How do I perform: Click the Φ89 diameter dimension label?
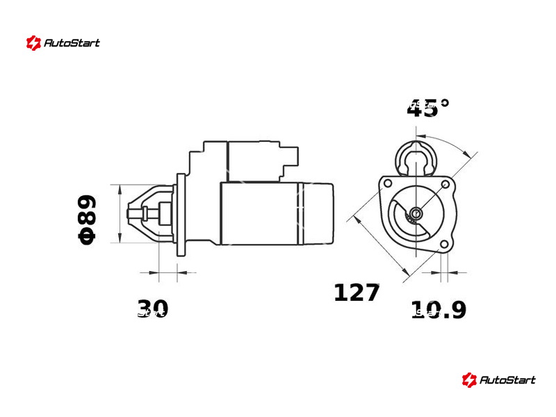point(87,220)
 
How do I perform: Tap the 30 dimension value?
point(152,309)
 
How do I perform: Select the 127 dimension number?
point(357,293)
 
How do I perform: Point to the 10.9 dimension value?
point(439,309)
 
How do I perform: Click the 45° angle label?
point(428,108)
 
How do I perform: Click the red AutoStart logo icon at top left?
point(33,43)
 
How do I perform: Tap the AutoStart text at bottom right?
point(507,380)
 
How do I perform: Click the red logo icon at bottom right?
point(469,380)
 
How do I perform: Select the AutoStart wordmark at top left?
point(72,43)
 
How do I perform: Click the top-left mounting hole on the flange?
point(388,183)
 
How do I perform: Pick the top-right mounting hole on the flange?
point(445,184)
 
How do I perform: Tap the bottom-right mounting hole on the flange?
point(444,245)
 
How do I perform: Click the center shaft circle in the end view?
point(416,213)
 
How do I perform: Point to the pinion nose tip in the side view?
point(129,213)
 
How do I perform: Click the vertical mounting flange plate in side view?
point(181,215)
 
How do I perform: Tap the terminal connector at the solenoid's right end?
point(290,156)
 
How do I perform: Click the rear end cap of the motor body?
point(316,214)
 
